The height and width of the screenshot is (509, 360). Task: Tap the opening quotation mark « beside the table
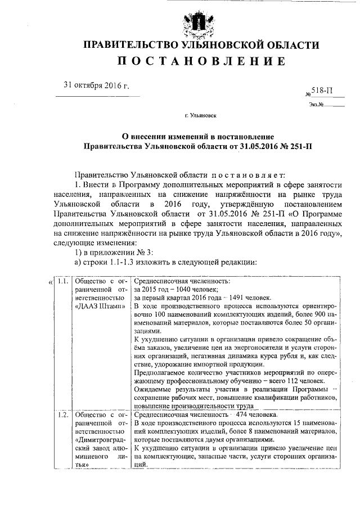[50, 282]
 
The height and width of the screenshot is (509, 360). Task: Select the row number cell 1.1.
[64, 282]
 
